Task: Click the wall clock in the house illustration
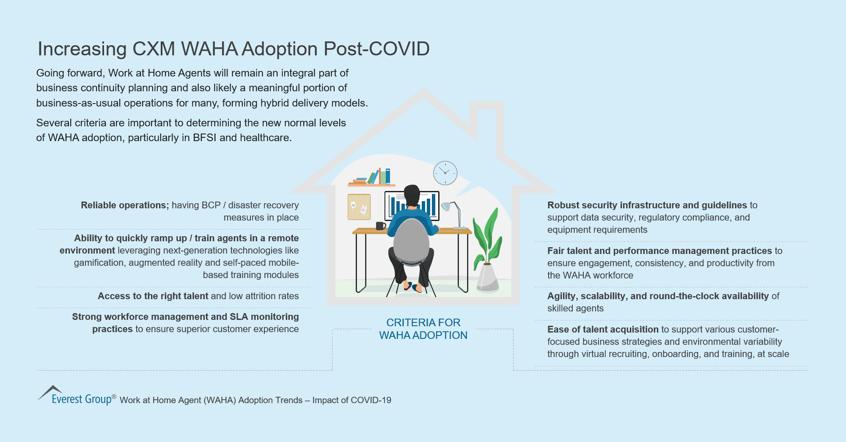tap(445, 173)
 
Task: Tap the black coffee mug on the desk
tap(380, 226)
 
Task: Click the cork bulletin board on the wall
tap(359, 207)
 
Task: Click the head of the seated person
tap(412, 195)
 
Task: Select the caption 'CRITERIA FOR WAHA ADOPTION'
tap(423, 329)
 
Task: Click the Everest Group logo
tap(76, 396)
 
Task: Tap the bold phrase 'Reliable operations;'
tap(125, 205)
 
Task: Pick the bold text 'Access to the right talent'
tap(153, 296)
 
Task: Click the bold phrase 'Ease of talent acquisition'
tap(603, 330)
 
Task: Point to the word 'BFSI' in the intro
tap(204, 138)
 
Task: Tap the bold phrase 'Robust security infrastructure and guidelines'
tap(647, 205)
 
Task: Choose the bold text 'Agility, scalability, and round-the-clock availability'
tap(658, 296)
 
